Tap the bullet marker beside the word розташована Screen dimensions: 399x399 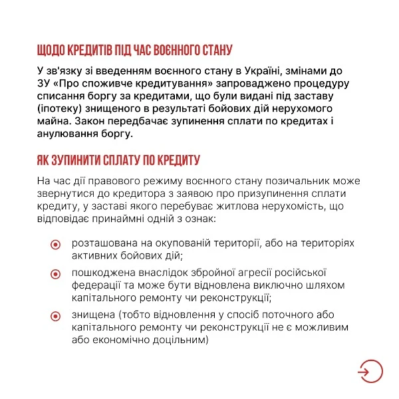[57, 244]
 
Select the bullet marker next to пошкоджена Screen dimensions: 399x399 [57, 274]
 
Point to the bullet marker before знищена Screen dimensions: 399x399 [57, 316]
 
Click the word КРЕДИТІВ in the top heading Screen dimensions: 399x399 [83, 49]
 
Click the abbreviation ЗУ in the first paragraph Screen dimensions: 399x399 [45, 82]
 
